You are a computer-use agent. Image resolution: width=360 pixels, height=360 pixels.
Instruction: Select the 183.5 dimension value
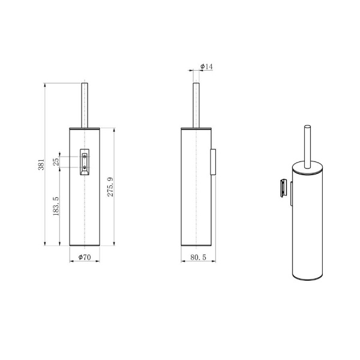click(x=56, y=207)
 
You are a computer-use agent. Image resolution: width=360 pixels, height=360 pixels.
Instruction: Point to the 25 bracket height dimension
click(x=56, y=161)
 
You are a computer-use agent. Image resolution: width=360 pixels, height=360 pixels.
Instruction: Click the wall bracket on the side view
click(x=214, y=162)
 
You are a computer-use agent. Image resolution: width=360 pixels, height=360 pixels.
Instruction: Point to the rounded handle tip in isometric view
click(x=308, y=127)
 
